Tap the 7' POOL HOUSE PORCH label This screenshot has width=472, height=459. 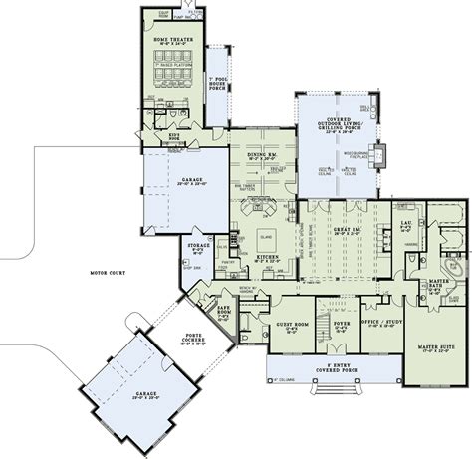pos(216,85)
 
